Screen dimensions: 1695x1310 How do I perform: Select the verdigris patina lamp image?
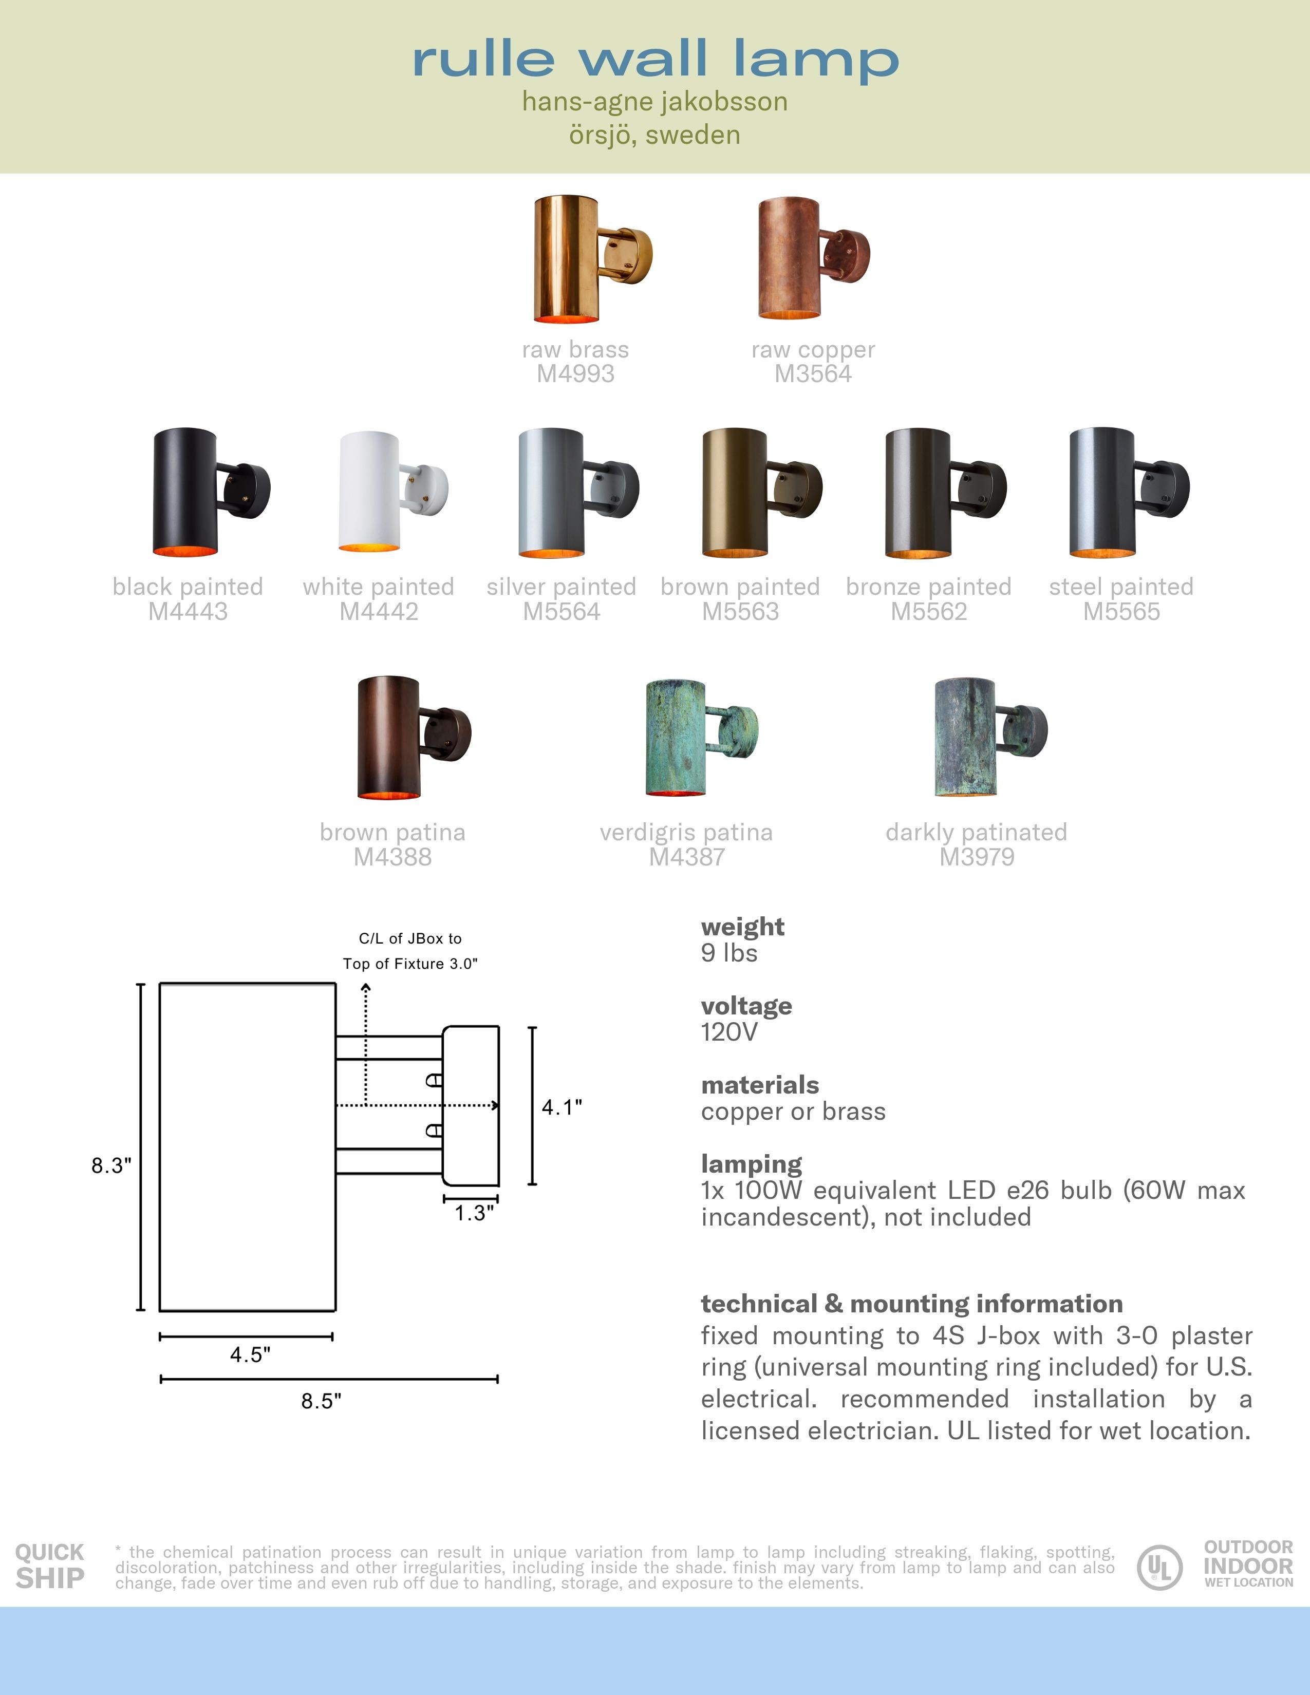pos(699,737)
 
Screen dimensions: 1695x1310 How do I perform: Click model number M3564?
pos(813,374)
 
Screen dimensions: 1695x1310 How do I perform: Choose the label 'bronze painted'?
pos(928,587)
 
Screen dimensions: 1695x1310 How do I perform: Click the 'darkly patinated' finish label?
pos(976,832)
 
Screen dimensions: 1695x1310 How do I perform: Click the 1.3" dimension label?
pos(474,1213)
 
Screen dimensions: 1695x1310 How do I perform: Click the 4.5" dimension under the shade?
pos(250,1354)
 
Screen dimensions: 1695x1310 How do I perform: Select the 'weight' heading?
pos(742,927)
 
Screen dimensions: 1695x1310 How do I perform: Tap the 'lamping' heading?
pos(751,1163)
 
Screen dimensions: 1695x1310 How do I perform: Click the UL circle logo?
pos(1159,1567)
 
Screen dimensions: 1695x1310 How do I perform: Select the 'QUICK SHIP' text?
pos(50,1566)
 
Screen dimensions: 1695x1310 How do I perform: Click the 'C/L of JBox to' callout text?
pos(410,938)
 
